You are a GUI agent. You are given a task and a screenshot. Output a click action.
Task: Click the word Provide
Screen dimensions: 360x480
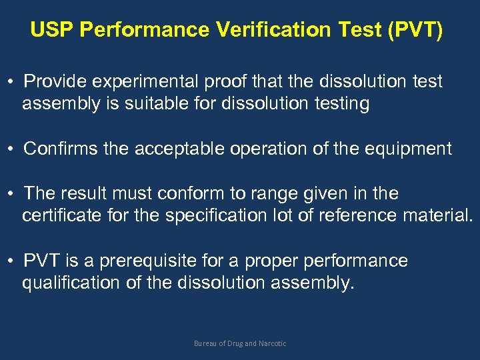point(58,81)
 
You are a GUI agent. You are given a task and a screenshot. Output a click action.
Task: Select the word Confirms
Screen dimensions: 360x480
point(61,149)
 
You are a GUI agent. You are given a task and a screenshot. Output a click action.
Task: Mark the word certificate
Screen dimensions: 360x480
point(62,216)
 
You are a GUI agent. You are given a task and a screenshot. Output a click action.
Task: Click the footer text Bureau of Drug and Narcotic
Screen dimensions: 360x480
point(240,343)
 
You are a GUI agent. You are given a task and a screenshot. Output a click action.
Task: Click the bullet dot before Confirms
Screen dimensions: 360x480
point(13,149)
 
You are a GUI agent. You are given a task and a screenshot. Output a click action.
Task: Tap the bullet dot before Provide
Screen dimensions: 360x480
point(13,82)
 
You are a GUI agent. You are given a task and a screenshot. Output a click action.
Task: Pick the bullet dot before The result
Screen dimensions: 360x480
point(13,194)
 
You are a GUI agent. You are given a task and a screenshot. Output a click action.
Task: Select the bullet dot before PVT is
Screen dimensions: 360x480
point(13,261)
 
